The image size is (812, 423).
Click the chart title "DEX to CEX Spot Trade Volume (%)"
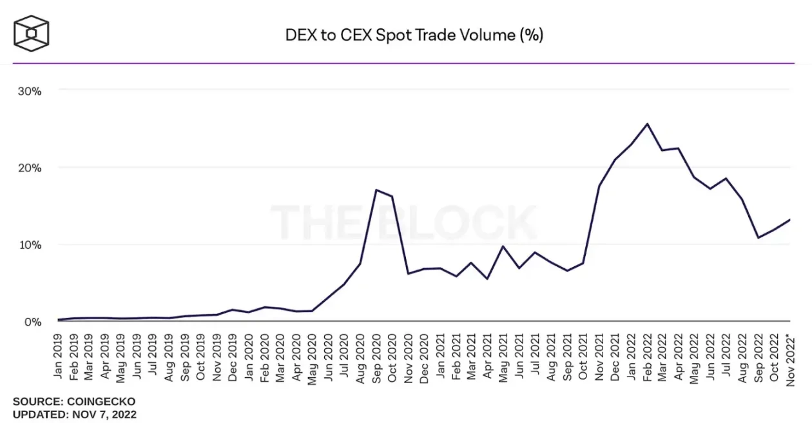point(414,35)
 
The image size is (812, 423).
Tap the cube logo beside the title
point(32,32)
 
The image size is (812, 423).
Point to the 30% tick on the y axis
point(30,91)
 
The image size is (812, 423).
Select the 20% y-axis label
point(30,168)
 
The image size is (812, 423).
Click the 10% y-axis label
point(30,245)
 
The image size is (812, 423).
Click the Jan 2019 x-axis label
point(57,357)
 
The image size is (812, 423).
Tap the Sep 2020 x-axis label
point(376,357)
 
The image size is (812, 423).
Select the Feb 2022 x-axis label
point(646,357)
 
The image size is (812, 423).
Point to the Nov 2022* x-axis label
point(790,355)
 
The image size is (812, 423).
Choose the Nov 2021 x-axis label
point(599,357)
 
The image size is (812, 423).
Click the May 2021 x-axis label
point(503,357)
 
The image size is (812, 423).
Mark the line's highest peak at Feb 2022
point(647,124)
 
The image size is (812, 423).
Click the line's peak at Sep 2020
point(376,190)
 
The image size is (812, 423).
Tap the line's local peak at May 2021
point(503,246)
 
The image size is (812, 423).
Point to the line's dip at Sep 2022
point(759,237)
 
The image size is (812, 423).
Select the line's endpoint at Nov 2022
point(790,220)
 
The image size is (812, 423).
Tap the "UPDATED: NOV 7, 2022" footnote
point(75,414)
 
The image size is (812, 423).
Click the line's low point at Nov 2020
point(408,273)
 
